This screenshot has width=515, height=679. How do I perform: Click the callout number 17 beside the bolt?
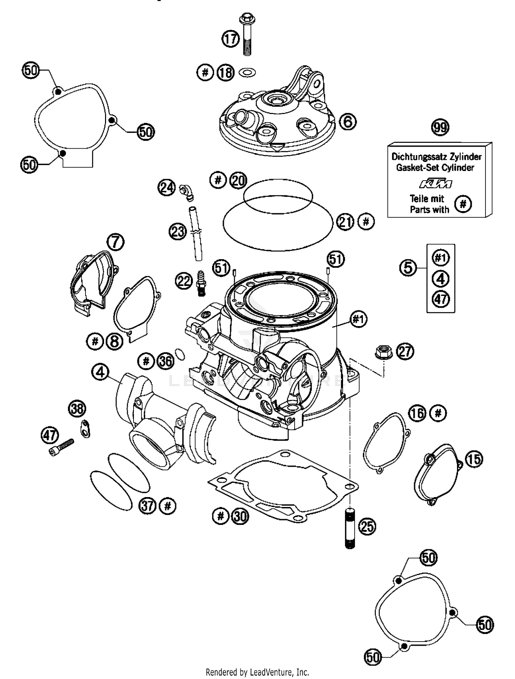[x=230, y=39]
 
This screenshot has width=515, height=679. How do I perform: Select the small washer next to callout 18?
[x=247, y=72]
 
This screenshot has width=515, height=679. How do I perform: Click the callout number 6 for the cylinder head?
[x=348, y=122]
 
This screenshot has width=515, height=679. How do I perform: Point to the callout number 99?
[x=440, y=127]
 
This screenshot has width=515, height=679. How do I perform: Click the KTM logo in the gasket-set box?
[x=435, y=184]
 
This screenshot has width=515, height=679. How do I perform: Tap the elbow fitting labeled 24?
[x=187, y=192]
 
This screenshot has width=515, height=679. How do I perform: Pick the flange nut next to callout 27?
[x=383, y=352]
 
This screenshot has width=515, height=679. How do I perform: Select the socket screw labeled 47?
[x=62, y=447]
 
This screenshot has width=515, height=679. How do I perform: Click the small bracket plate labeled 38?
[x=84, y=429]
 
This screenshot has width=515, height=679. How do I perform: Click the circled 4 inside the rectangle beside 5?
[x=440, y=278]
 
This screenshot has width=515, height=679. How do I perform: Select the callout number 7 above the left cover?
[x=115, y=242]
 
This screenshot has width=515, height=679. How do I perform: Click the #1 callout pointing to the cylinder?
[x=358, y=319]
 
